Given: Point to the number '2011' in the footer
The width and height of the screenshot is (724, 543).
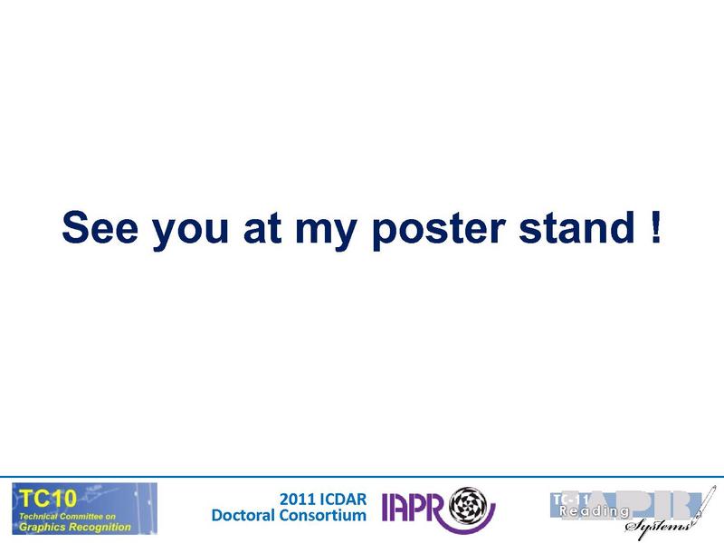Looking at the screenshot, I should point(298,498).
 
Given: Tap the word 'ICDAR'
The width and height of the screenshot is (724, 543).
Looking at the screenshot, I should point(341,498).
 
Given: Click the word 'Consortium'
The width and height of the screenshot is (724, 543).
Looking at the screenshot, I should point(323,515).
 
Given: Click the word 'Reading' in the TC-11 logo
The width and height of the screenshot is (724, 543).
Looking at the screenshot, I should point(593,512).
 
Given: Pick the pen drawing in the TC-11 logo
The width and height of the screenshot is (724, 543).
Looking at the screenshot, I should point(704,508).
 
